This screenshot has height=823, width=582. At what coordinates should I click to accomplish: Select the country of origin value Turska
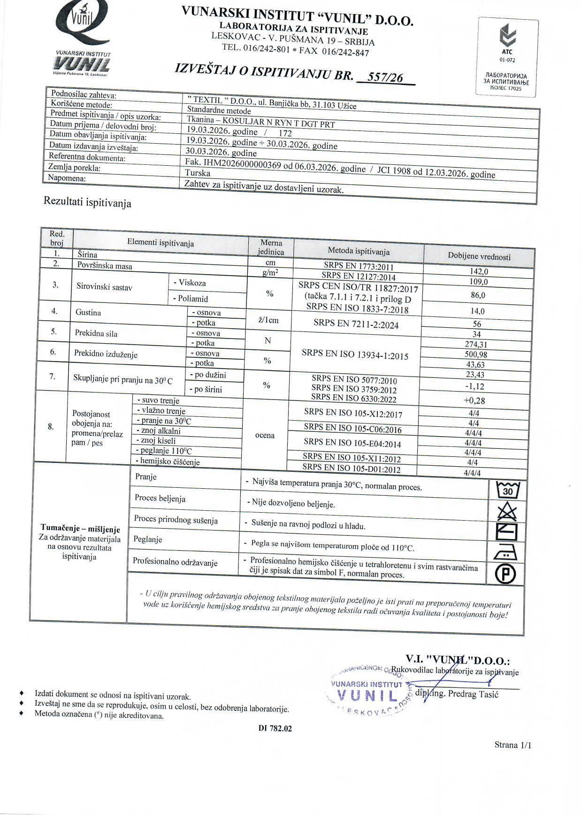click(x=198, y=173)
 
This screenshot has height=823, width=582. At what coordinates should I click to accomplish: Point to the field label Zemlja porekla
click(x=74, y=168)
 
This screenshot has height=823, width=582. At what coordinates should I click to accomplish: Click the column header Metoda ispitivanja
click(x=359, y=251)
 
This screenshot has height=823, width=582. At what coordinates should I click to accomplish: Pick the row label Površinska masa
click(x=105, y=266)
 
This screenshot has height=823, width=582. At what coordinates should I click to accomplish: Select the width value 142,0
click(x=479, y=271)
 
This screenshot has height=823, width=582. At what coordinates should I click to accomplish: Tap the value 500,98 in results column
click(x=476, y=354)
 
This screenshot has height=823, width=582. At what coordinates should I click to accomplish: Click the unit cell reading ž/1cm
click(x=268, y=320)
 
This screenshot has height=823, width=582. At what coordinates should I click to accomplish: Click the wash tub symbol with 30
click(x=507, y=490)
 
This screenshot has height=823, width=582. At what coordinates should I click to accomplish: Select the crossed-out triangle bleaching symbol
click(x=507, y=511)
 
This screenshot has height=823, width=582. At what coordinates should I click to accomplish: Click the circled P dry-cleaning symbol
click(x=505, y=573)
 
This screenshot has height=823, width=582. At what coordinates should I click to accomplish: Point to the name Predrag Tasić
click(x=473, y=694)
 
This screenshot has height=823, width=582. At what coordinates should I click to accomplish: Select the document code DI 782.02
click(x=275, y=728)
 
